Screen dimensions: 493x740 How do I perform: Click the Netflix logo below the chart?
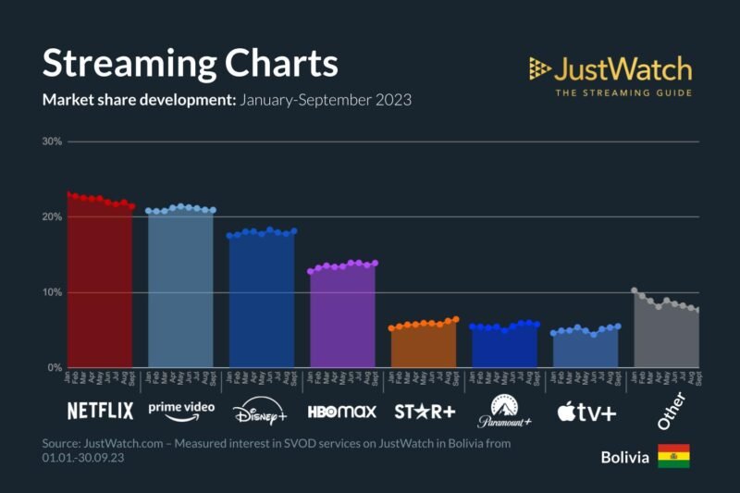point(100,410)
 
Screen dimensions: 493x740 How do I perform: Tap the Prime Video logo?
point(181,408)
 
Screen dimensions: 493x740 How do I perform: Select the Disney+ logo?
point(262,411)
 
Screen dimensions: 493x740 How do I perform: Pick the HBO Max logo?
point(341,411)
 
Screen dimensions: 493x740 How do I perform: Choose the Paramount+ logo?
point(504,410)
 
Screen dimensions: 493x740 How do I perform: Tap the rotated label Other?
point(670,411)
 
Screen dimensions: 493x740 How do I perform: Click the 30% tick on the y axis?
point(51,142)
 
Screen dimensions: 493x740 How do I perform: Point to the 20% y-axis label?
point(51,217)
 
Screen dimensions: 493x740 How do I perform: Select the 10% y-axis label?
point(51,292)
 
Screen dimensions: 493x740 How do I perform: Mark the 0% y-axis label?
point(54,368)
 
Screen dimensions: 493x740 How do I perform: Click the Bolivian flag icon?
point(673,456)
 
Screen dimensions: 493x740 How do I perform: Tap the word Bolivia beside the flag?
point(624,457)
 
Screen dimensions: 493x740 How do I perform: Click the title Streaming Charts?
point(190,64)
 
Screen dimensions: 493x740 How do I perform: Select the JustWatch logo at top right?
point(610,69)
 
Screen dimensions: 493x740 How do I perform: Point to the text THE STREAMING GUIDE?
point(623,92)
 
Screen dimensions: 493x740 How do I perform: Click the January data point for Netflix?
point(68,194)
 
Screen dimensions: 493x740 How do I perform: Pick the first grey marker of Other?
point(634,290)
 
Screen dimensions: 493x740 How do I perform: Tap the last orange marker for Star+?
point(455,319)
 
